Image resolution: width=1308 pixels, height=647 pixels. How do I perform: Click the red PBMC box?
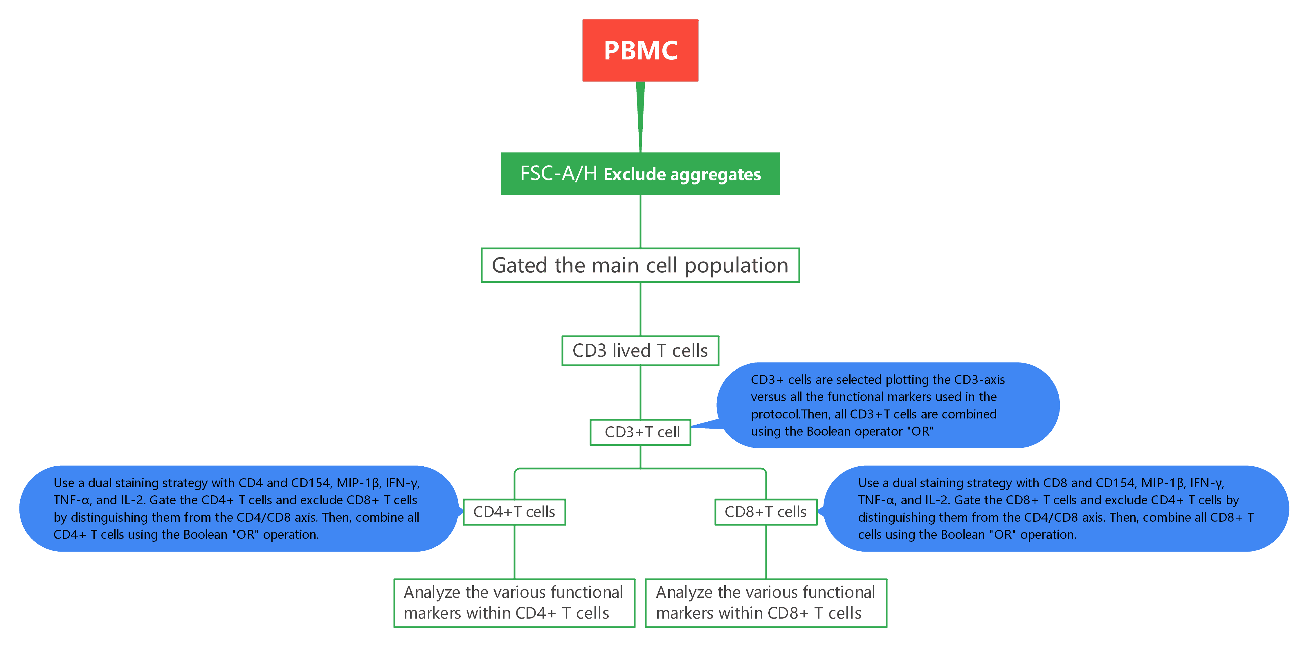coord(640,50)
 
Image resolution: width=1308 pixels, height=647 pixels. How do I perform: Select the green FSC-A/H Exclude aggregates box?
coord(640,173)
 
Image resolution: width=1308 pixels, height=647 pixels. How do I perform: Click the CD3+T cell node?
coord(640,432)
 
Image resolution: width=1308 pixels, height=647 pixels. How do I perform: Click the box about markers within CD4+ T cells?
coord(514,603)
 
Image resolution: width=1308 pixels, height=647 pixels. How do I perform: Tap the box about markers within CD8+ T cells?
coord(766,603)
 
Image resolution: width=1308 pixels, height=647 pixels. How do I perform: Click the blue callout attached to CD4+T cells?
coord(239,508)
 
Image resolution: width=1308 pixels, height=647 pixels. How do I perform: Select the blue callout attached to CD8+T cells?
coord(1056,508)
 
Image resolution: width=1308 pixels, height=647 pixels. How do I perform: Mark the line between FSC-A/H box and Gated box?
coord(640,221)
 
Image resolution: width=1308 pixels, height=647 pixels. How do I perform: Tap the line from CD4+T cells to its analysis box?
coord(514,552)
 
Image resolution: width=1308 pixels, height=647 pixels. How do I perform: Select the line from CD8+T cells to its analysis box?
coord(766,552)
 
